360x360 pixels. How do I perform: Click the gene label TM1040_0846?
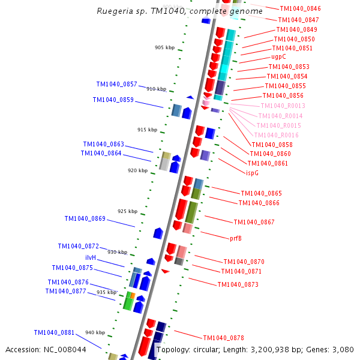click(x=300, y=8)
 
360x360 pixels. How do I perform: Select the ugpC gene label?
click(x=278, y=57)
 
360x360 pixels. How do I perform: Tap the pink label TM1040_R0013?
click(x=283, y=106)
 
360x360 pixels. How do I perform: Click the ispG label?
click(x=252, y=173)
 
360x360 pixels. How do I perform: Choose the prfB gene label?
click(x=236, y=238)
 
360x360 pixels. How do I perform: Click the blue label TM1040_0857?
click(x=116, y=85)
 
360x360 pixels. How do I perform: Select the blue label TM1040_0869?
click(x=85, y=218)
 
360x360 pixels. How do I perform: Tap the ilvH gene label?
click(x=90, y=257)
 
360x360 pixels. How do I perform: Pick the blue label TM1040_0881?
click(x=54, y=332)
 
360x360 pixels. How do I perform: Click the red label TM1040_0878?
click(x=223, y=338)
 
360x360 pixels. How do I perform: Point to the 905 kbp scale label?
click(x=164, y=47)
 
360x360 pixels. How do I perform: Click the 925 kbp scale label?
click(x=127, y=211)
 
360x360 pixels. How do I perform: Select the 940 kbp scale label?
click(x=95, y=332)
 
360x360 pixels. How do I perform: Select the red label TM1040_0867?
click(x=254, y=222)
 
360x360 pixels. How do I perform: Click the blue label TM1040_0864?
click(x=101, y=153)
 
